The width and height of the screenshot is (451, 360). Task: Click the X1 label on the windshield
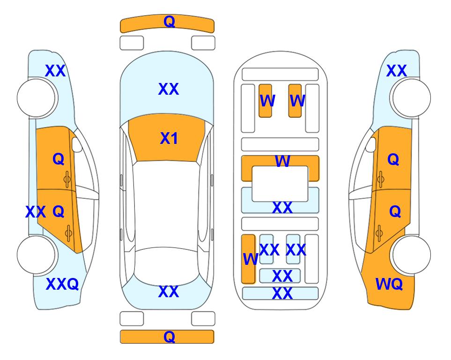169,138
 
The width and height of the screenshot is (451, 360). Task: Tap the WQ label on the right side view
389,284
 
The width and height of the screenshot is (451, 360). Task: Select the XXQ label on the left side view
62,284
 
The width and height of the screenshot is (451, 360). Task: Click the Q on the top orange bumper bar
169,22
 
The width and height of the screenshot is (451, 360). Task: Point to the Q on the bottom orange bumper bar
169,337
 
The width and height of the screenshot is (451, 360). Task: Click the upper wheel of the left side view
36,97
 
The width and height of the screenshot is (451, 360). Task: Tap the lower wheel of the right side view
411,255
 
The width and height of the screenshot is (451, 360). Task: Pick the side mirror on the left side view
77,144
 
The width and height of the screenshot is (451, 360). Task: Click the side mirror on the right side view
371,144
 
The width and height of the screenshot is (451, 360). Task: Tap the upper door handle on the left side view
67,180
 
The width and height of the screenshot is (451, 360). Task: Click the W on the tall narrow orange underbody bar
250,259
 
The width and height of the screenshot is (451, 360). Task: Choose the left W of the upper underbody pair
267,101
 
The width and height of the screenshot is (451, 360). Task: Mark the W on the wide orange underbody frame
282,161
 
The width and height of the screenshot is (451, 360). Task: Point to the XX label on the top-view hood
169,89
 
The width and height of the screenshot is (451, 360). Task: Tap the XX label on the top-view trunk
169,292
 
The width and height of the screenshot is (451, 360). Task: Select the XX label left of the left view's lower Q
36,212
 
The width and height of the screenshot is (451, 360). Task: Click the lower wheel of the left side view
36,255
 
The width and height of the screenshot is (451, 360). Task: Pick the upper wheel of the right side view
411,97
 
